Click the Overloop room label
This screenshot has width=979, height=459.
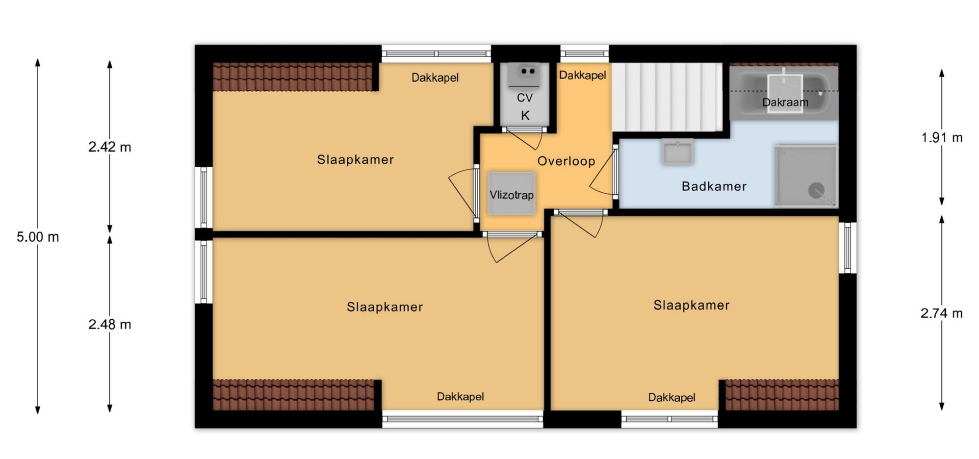(x=566, y=161)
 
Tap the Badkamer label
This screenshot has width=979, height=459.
(x=714, y=186)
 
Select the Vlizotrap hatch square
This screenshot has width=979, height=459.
(x=511, y=194)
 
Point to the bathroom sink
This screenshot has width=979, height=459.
(x=677, y=151)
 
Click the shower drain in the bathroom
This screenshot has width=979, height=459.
(x=816, y=191)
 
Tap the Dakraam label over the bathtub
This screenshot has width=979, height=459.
(x=785, y=103)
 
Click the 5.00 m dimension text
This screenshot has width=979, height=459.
(x=38, y=237)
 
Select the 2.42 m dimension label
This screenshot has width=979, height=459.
(x=110, y=147)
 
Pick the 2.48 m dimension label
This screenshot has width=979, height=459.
(x=110, y=324)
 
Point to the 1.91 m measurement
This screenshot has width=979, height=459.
(x=942, y=137)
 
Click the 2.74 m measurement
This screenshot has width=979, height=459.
(x=941, y=313)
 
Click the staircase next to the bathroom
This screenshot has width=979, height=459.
(x=667, y=97)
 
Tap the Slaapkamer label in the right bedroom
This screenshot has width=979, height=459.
(x=691, y=305)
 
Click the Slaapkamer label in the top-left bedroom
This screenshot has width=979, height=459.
(x=355, y=160)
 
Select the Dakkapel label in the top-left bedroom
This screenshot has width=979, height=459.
(x=435, y=78)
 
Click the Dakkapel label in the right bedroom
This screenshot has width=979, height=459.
(x=672, y=397)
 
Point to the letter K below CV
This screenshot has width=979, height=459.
(x=525, y=116)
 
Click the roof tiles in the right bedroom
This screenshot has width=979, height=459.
(x=782, y=395)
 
